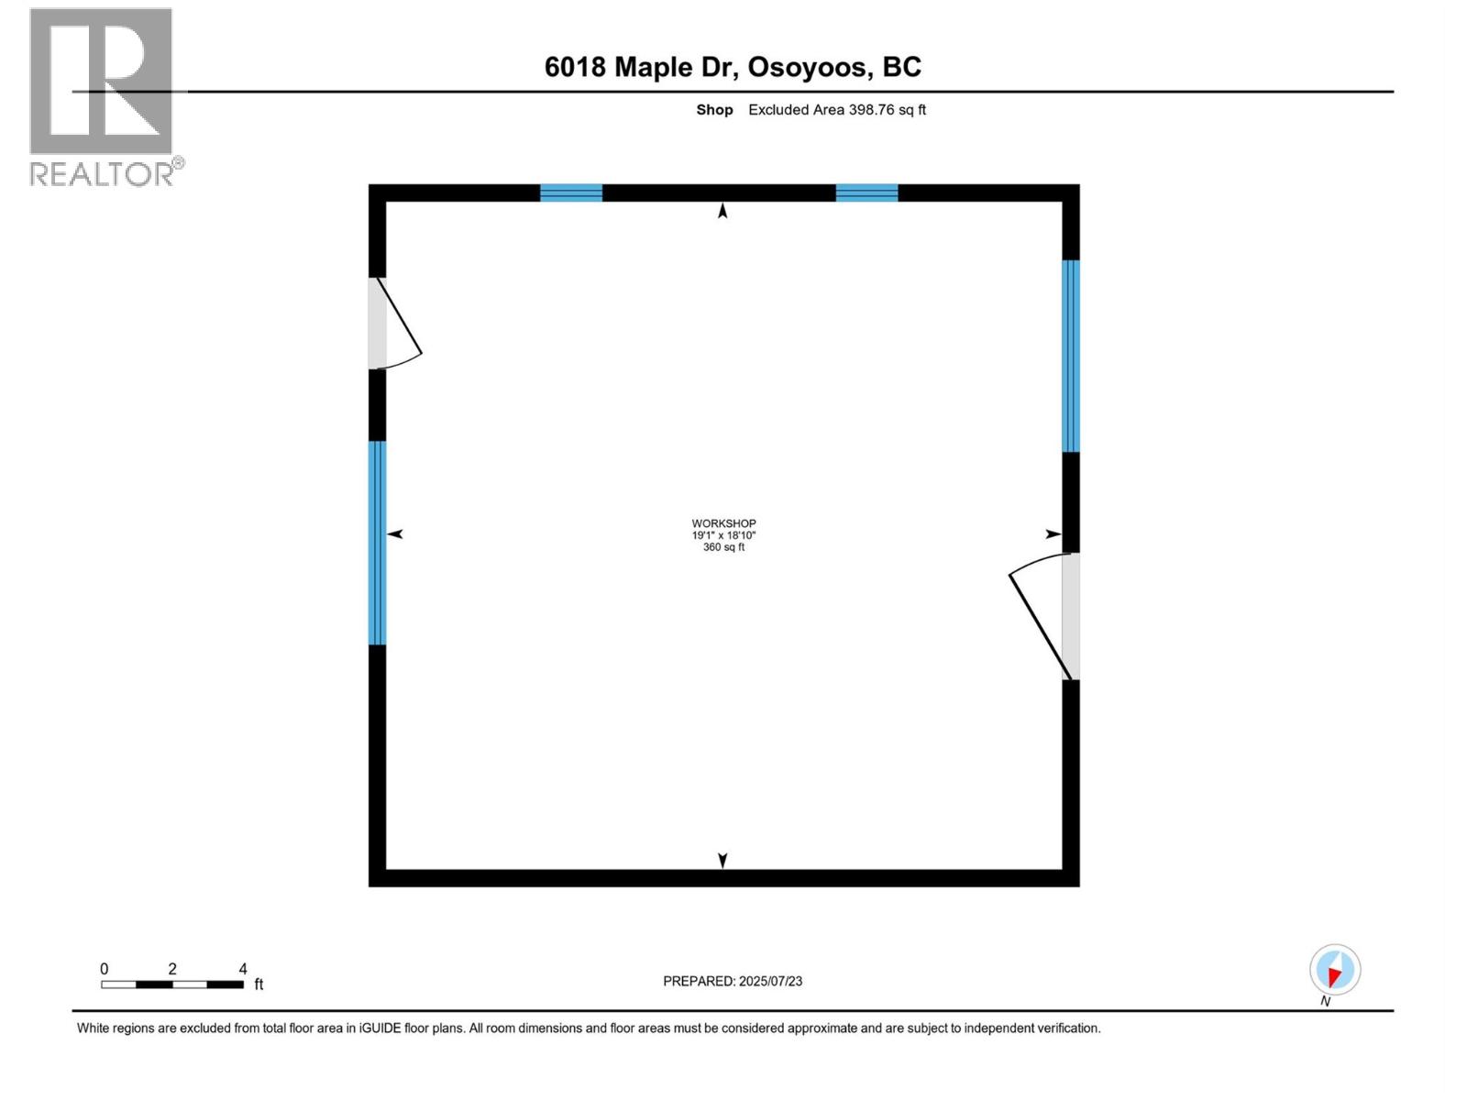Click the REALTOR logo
pos(102,96)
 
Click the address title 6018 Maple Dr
pos(733,67)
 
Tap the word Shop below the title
pos(714,110)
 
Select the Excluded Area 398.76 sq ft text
pos(837,110)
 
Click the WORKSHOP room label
pos(723,523)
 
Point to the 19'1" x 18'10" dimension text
pos(723,535)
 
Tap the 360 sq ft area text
pos(723,547)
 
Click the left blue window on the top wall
pos(571,192)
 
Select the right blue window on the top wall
pos(866,192)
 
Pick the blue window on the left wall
pos(377,543)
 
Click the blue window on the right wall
pos(1071,356)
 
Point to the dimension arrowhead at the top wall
pos(722,212)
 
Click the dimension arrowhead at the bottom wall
pos(722,860)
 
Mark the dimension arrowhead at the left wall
pos(395,533)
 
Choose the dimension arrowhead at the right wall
pos(1053,534)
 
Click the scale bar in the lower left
pos(172,984)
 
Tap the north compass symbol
pos(1335,971)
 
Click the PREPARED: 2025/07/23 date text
pos(733,981)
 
